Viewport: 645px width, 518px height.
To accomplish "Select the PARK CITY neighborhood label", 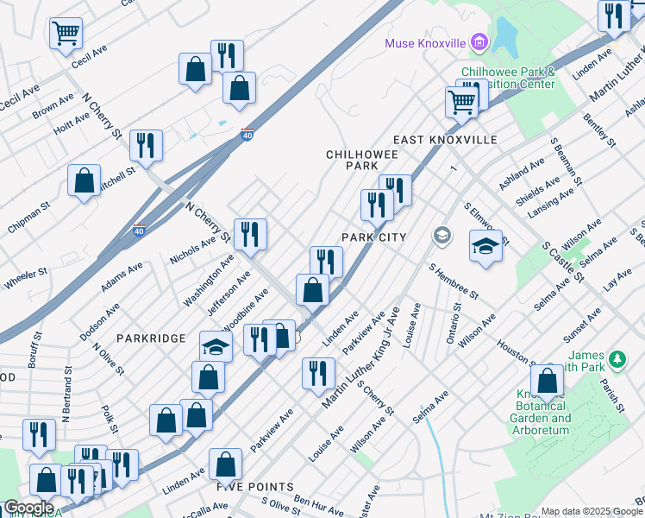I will [x=373, y=237].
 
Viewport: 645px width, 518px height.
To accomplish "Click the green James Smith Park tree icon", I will [x=617, y=357].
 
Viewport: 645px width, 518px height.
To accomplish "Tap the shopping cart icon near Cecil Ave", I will [x=66, y=34].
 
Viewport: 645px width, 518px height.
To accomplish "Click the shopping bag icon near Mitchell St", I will [x=85, y=181].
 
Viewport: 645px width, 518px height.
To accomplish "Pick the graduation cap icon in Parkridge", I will [x=216, y=347].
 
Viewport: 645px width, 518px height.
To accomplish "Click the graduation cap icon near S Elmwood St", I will [x=485, y=245].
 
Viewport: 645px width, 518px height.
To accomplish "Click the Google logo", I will [x=28, y=508].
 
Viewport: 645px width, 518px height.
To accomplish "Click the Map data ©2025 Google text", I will [x=592, y=511].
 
